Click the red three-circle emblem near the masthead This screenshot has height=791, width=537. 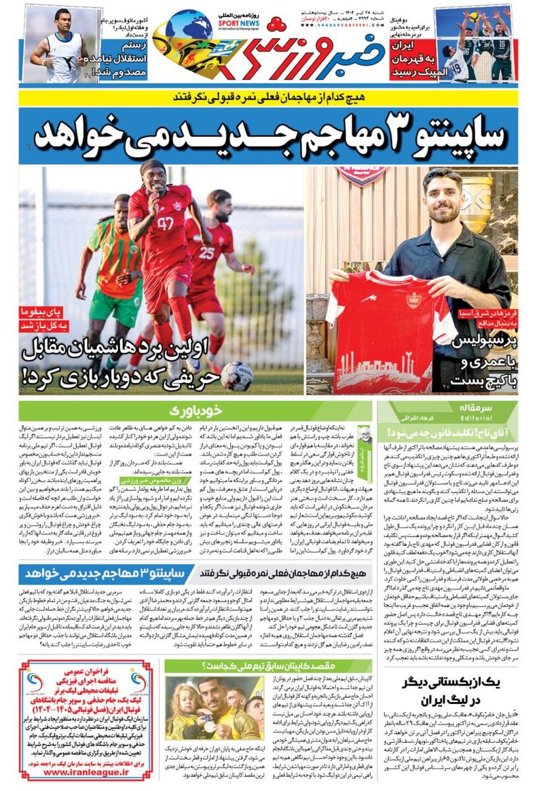(276, 24)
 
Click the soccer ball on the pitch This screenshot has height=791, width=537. (236, 375)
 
